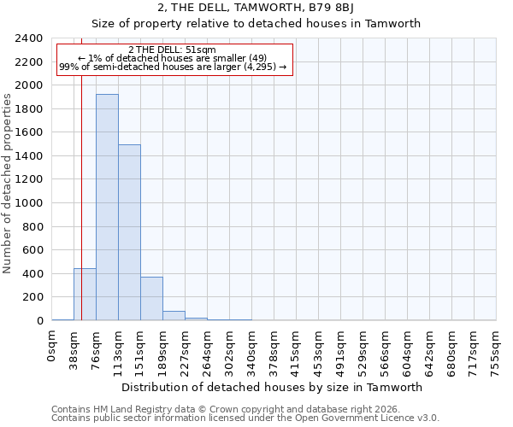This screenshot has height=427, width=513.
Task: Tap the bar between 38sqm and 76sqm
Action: point(85,295)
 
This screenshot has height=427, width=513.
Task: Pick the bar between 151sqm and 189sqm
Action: point(151,299)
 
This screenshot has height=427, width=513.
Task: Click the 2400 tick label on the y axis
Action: point(30,38)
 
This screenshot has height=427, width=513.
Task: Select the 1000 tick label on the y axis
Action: point(30,203)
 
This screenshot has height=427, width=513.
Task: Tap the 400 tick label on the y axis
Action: point(33,274)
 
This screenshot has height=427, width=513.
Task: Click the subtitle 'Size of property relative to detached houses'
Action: point(256,24)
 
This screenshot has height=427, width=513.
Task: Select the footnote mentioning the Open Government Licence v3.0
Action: point(245,418)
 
